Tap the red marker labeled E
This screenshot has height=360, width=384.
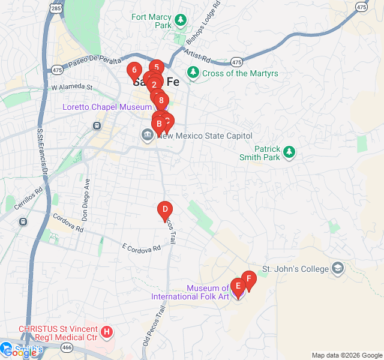pyautogui.click(x=238, y=286)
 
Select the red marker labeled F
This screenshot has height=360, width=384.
pyautogui.click(x=249, y=279)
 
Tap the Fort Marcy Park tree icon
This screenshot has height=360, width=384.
pyautogui.click(x=180, y=22)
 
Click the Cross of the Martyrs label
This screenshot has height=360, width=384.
pyautogui.click(x=240, y=73)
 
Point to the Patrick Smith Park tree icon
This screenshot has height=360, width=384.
pyautogui.click(x=289, y=152)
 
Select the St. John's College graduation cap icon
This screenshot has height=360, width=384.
pyautogui.click(x=338, y=268)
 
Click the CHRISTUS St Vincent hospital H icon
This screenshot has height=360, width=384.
pyautogui.click(x=106, y=331)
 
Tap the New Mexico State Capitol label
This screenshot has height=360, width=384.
pyautogui.click(x=205, y=136)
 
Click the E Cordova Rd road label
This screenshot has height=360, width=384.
pyautogui.click(x=142, y=247)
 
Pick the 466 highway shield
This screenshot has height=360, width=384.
pyautogui.click(x=67, y=347)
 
